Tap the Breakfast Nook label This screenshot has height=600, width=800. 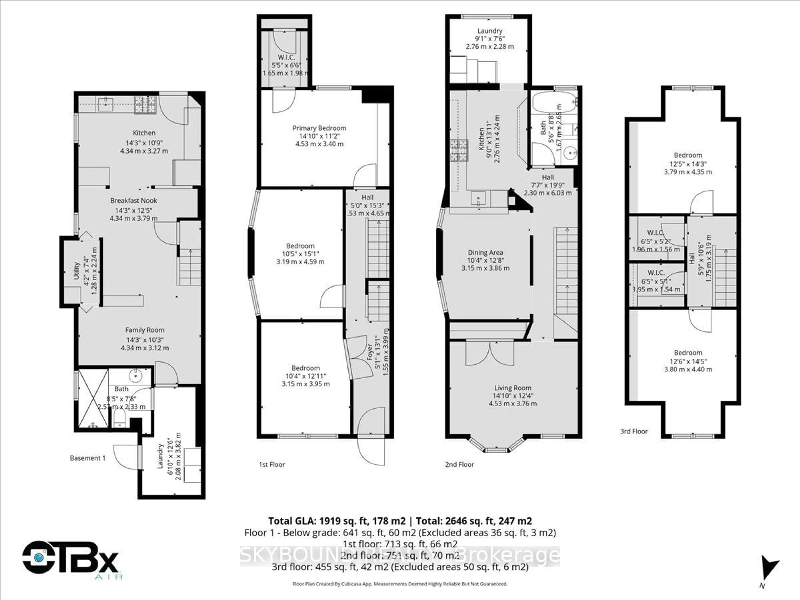pos(134,200)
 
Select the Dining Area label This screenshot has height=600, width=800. pos(485,252)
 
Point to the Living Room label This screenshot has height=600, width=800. pos(512,388)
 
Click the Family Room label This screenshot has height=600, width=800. pos(145,330)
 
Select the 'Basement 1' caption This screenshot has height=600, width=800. pos(87,458)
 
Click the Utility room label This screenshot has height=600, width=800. pos(76,271)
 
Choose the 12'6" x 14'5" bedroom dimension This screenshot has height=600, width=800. pos(688,361)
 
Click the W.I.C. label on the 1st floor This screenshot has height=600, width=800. pos(286,57)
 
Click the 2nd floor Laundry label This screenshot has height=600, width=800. pos(490,31)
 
